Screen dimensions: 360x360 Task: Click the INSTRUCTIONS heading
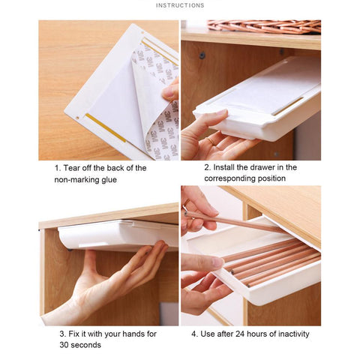(x=180, y=5)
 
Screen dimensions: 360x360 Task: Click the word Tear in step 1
(x=72, y=168)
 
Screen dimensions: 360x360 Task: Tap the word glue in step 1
(x=109, y=180)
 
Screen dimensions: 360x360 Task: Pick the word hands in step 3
(x=133, y=334)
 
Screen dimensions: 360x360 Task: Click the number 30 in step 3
(x=64, y=345)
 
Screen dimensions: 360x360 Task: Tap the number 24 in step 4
(x=240, y=334)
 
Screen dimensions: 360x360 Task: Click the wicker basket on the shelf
(x=264, y=26)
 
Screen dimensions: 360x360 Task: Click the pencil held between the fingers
(x=235, y=221)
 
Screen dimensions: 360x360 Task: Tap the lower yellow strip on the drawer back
(x=106, y=127)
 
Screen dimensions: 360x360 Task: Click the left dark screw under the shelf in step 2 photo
(x=202, y=55)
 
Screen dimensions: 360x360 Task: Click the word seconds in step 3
(x=85, y=345)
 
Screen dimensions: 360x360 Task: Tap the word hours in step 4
(x=256, y=334)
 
